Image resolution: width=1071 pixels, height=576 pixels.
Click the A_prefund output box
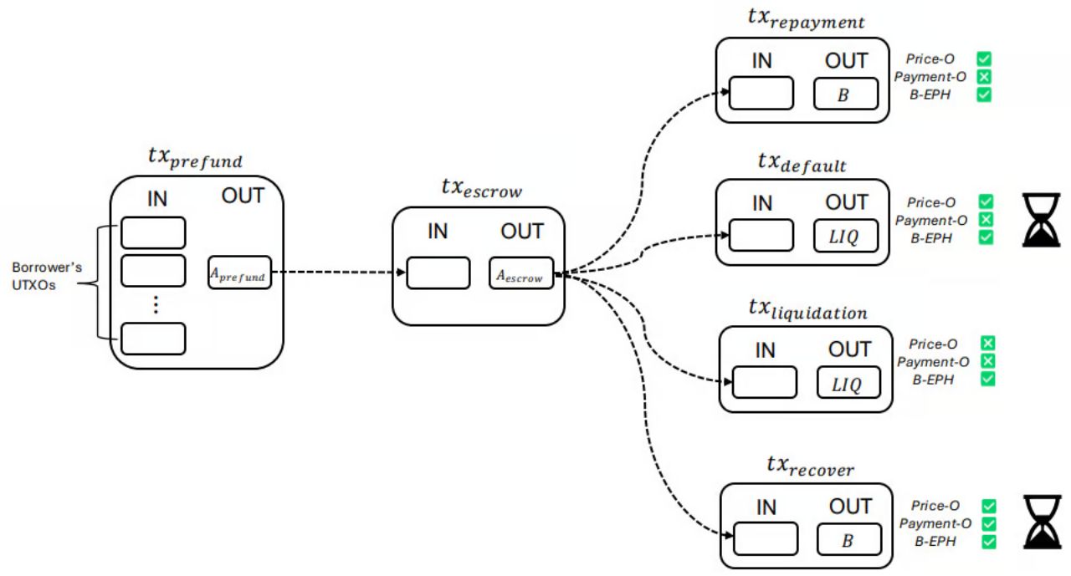240,273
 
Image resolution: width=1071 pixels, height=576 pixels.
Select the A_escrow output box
521,273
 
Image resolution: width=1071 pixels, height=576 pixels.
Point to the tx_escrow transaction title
481,189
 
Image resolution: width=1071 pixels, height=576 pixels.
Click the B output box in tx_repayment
846,94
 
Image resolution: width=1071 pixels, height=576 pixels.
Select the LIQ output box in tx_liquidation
849,382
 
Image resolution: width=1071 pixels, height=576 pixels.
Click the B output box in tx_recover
848,539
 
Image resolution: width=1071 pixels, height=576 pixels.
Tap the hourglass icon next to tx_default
1042,220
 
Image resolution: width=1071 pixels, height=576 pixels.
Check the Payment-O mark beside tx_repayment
985,77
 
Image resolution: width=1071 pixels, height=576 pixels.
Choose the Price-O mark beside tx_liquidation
987,344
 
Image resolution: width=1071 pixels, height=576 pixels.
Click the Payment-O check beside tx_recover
989,523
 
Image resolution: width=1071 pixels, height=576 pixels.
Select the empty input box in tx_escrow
438,273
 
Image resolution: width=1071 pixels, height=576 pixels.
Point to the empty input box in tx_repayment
761,94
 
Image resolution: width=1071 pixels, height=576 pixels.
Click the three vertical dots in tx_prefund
155,305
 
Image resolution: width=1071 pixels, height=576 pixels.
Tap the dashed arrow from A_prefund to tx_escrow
335,273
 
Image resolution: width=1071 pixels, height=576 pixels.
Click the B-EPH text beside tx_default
931,238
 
